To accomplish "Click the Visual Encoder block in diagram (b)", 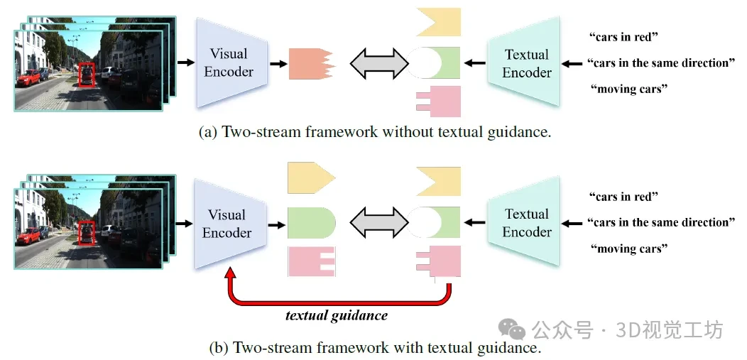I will (229, 223).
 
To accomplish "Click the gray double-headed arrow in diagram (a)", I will (380, 63).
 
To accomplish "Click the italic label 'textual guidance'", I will (337, 315).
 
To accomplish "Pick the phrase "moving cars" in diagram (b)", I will (629, 249).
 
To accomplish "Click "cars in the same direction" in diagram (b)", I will (661, 222).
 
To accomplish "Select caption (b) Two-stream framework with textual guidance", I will (375, 348).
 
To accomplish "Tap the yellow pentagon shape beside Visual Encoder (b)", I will (310, 178).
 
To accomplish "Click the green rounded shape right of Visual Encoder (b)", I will (310, 222).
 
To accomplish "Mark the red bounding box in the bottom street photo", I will (87, 234).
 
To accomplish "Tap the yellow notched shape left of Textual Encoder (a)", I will (438, 21).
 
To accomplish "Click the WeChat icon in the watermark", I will (511, 328).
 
